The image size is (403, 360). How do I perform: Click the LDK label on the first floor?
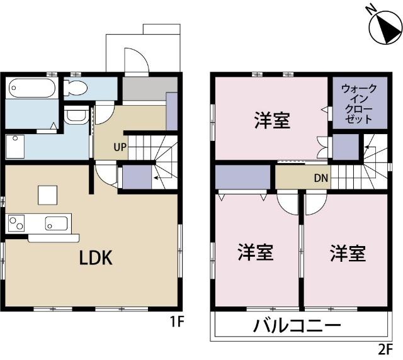click(x=96, y=257)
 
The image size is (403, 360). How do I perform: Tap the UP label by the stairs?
click(x=120, y=149)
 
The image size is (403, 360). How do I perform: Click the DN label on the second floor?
click(x=321, y=178)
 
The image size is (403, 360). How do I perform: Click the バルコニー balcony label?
click(x=297, y=326)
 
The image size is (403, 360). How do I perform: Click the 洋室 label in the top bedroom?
click(x=272, y=120)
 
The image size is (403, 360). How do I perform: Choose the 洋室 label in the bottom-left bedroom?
click(x=254, y=253)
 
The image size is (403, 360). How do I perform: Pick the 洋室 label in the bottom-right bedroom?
click(x=347, y=253)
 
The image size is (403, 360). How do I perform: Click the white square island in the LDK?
click(x=48, y=195)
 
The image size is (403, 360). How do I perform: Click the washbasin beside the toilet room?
click(x=76, y=116)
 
